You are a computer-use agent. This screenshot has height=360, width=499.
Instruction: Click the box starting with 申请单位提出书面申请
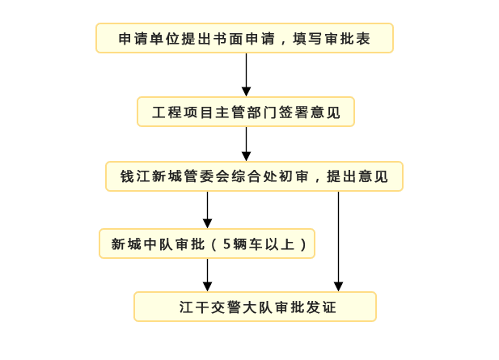[244, 38]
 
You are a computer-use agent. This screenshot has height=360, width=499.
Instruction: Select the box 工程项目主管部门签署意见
[246, 112]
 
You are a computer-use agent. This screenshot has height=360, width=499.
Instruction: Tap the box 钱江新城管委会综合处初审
[254, 176]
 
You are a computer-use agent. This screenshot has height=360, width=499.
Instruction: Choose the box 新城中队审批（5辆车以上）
[207, 244]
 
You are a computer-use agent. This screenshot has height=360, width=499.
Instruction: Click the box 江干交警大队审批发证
[255, 307]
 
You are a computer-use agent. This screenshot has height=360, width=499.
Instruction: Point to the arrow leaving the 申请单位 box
[246, 74]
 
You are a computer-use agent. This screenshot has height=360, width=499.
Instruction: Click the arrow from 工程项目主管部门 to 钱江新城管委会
[246, 143]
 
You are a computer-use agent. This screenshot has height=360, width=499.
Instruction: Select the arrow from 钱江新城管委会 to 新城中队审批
[207, 210]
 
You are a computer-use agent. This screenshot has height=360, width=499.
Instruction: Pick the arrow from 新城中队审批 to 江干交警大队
[207, 275]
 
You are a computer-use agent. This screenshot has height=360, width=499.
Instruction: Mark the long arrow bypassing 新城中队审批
[338, 241]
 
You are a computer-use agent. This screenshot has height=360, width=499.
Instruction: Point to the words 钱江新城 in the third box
[152, 176]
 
